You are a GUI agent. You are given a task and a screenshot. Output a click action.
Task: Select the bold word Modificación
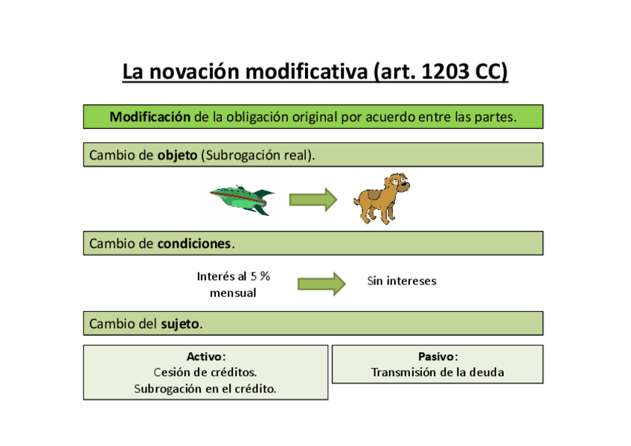(x=150, y=117)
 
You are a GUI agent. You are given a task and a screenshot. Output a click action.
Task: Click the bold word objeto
(x=177, y=155)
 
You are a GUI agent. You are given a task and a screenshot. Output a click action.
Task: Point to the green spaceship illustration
(x=241, y=200)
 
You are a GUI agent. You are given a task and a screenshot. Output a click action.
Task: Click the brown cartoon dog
(x=380, y=199)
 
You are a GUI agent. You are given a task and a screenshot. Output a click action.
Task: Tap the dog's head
(x=395, y=184)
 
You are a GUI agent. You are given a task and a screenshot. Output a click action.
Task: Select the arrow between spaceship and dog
(x=313, y=200)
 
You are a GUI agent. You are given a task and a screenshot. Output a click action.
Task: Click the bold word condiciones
(x=194, y=243)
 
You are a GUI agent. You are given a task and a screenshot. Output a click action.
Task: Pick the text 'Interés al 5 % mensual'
(x=233, y=284)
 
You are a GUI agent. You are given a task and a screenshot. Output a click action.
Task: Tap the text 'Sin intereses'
(x=401, y=281)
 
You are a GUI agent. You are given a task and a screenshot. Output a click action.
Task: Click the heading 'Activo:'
(x=205, y=357)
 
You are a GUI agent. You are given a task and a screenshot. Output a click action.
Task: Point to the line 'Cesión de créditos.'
(x=205, y=372)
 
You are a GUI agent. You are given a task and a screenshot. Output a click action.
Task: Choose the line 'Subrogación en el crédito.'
(x=205, y=388)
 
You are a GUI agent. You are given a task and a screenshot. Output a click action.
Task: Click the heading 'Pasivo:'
(x=438, y=357)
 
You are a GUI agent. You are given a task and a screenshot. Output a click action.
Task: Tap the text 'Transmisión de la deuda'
(x=438, y=372)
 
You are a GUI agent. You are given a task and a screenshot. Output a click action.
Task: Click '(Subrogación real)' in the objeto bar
(x=258, y=155)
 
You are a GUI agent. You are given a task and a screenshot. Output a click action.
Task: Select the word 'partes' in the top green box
(x=493, y=117)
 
